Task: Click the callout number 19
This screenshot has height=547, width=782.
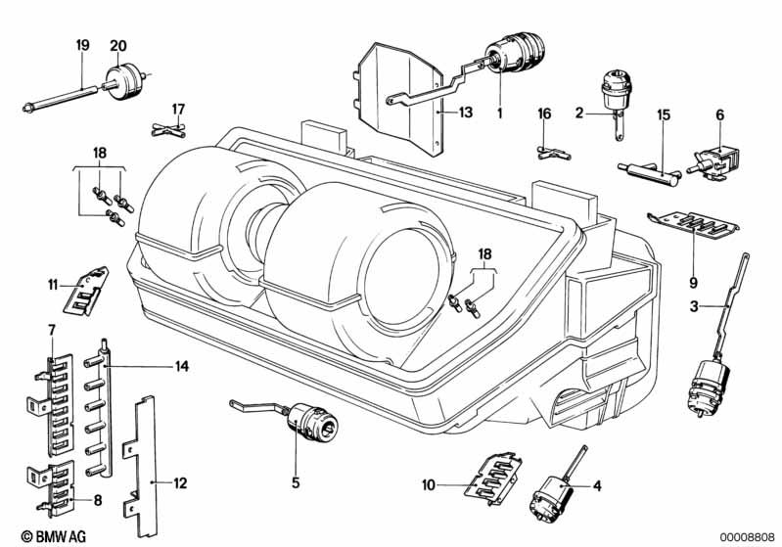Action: (x=82, y=45)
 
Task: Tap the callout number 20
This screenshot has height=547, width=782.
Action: (x=118, y=45)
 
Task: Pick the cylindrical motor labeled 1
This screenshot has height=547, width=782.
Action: (x=515, y=53)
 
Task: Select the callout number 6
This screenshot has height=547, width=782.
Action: (x=719, y=114)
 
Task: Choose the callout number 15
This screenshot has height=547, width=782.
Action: (x=663, y=114)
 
